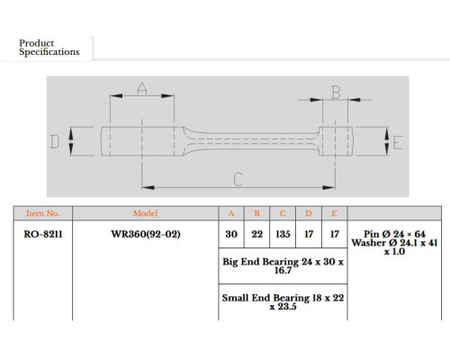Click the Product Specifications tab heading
[x=49, y=48]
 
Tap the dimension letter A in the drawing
[x=142, y=88]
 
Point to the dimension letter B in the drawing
[x=336, y=92]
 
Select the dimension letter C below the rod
[x=238, y=179]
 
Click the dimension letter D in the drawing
[x=54, y=141]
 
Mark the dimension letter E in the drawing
[x=398, y=142]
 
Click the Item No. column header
[x=42, y=213]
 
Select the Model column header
[x=145, y=213]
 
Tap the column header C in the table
[x=283, y=213]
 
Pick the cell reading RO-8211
[x=43, y=234]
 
